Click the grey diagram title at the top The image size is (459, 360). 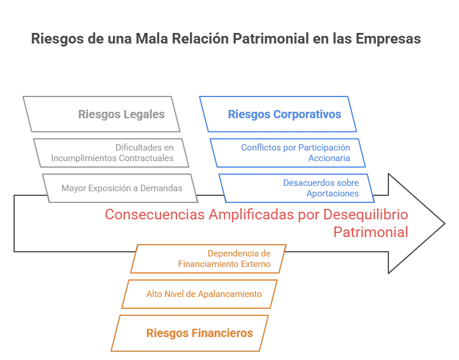[x=226, y=39]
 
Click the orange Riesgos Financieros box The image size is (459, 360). [x=194, y=333]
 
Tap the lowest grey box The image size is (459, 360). [x=121, y=188]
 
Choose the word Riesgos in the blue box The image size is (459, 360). [x=246, y=114]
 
